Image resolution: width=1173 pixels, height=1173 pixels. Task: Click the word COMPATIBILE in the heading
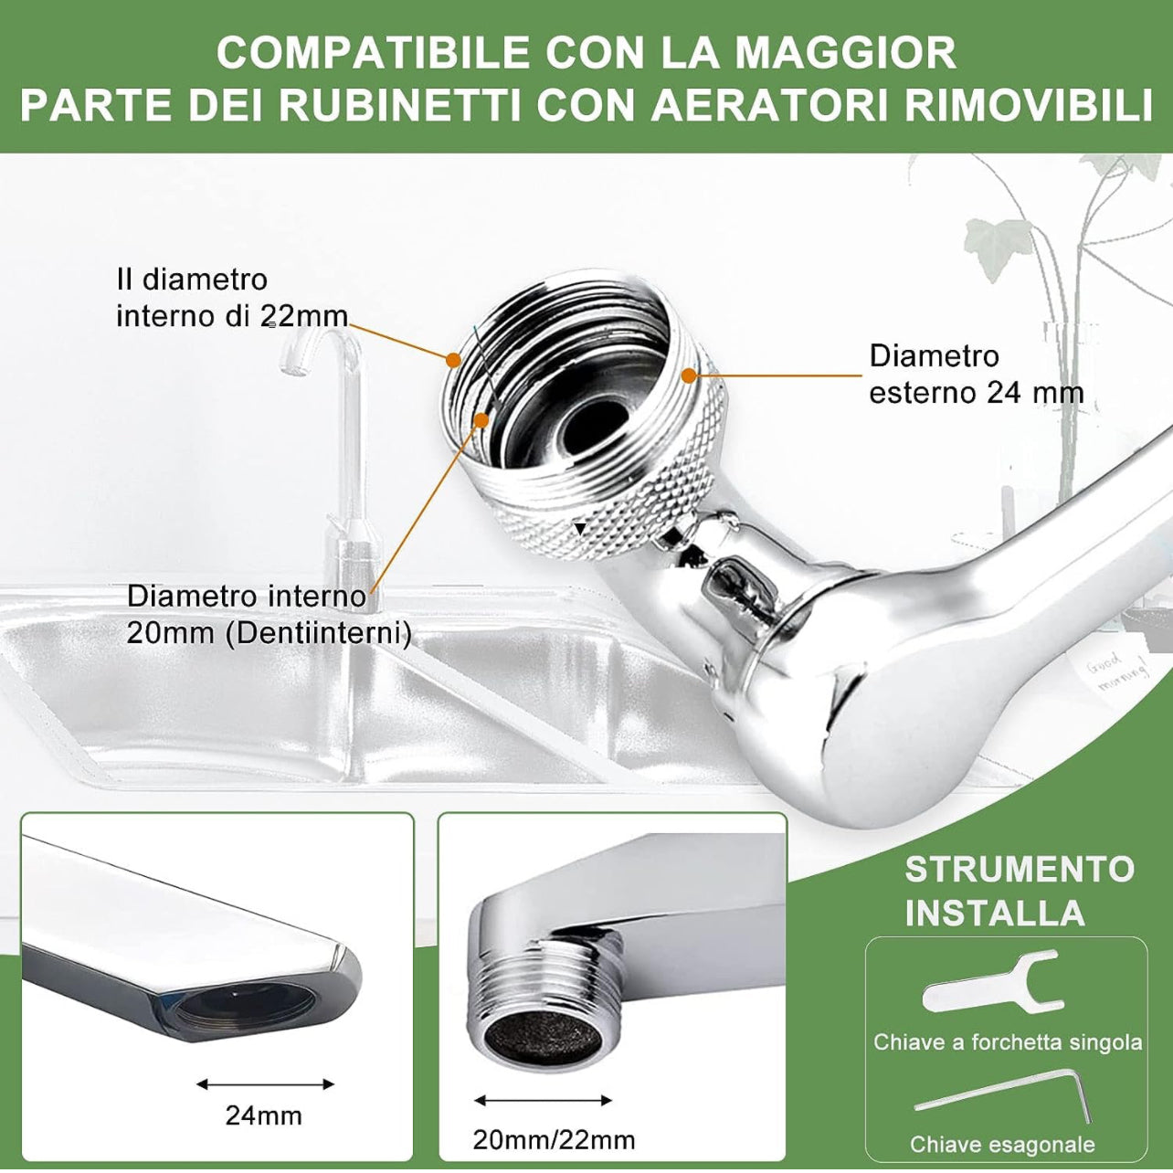[374, 53]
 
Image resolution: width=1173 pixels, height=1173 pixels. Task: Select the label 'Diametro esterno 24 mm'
[976, 374]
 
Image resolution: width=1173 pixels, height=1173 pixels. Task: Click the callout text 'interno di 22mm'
[232, 316]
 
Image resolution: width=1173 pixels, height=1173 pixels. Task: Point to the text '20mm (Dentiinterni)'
[269, 634]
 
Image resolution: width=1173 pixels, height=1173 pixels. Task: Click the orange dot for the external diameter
[689, 375]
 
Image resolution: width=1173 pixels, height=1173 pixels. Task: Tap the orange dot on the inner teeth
[481, 419]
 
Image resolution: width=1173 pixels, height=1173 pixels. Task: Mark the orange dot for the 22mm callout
[453, 360]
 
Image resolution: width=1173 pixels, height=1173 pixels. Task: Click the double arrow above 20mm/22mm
[543, 1101]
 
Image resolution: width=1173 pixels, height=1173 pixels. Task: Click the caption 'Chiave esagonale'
[1002, 1145]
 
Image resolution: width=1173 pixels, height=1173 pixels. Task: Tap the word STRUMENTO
[1020, 869]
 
